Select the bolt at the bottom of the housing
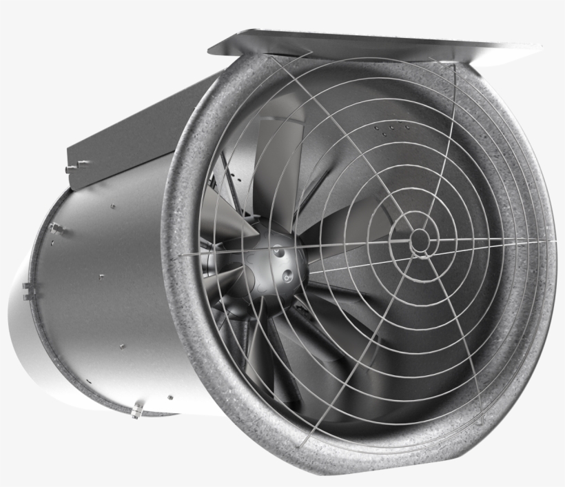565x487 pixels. pos(136,413)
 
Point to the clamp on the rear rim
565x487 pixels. pos(28,290)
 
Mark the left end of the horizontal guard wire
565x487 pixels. pos(183,255)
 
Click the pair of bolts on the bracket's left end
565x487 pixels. pos(74,166)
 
